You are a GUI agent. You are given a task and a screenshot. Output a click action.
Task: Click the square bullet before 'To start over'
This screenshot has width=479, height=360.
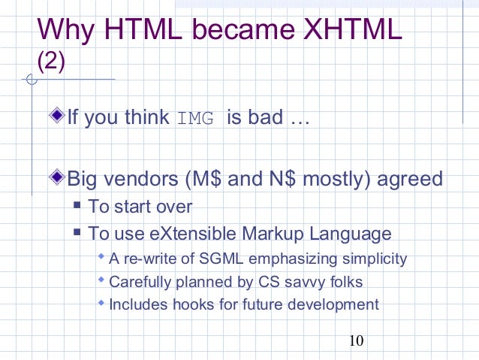tap(77, 207)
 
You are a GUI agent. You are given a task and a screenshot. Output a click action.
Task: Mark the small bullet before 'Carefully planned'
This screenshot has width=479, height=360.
tap(102, 281)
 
